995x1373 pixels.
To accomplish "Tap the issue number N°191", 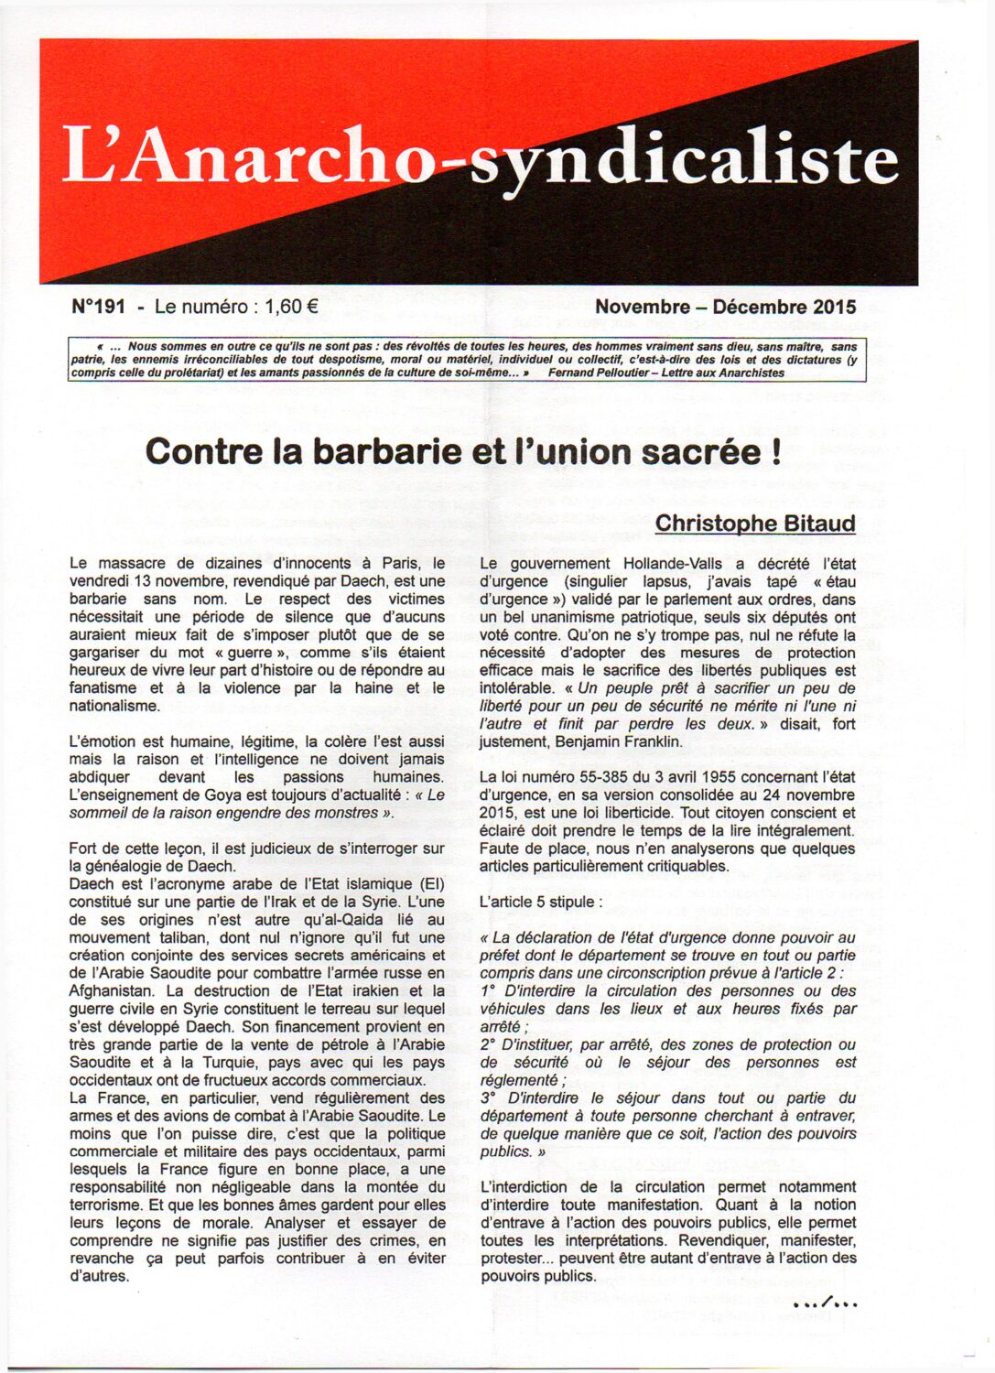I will [x=98, y=307].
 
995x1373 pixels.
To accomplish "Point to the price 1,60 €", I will [x=291, y=307].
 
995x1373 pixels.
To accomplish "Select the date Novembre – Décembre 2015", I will [x=725, y=307].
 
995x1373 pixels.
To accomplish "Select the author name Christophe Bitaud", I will [x=755, y=523].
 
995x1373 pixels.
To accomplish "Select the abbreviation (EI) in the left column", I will [x=430, y=883].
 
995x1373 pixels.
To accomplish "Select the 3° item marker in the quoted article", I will [x=490, y=1097].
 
